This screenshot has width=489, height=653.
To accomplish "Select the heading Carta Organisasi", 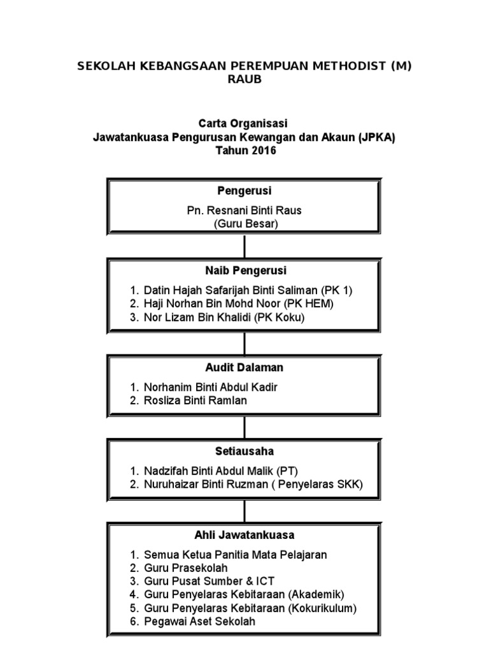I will pos(244,122).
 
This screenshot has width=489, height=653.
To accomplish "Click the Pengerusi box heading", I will pos(244,191).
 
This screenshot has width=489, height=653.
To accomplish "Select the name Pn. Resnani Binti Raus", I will pos(244,210).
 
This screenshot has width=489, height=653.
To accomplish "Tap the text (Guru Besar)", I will pos(244,224).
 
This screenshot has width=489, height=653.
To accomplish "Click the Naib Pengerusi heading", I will pos(244,271).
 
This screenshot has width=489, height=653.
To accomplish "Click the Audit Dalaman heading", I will pos(244,368).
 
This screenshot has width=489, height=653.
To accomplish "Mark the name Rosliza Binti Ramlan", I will pos(195,400).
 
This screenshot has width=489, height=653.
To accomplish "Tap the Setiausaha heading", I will pos(244,451).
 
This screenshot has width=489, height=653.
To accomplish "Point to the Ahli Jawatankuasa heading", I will pos(244,535).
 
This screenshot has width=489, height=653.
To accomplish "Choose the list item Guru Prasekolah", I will pos(185,568).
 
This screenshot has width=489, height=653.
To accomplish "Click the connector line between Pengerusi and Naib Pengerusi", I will pos(244,246).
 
